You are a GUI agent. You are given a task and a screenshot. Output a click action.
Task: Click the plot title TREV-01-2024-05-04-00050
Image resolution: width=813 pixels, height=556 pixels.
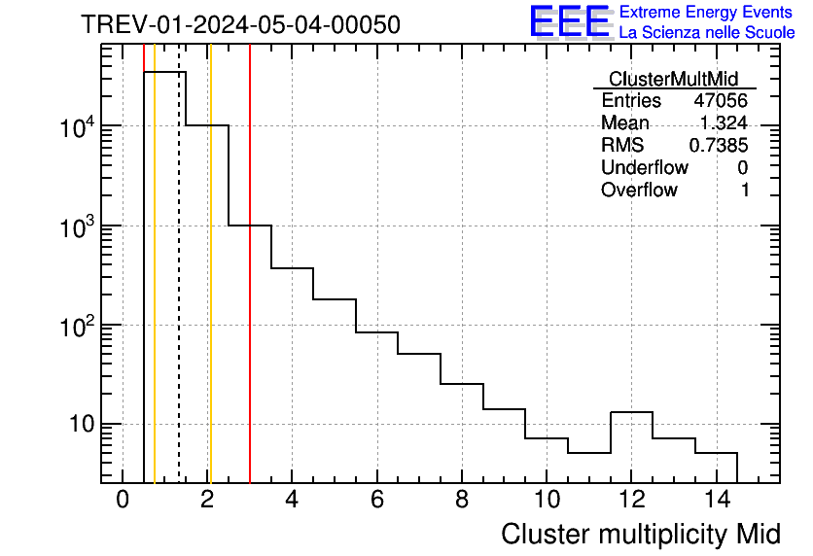tap(240, 25)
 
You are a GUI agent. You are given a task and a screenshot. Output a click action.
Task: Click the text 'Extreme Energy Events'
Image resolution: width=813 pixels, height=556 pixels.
tap(706, 13)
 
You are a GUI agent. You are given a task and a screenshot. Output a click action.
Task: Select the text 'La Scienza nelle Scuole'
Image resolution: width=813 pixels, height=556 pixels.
tap(706, 33)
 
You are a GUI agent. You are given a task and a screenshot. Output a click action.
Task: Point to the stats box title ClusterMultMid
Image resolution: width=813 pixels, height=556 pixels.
tap(673, 79)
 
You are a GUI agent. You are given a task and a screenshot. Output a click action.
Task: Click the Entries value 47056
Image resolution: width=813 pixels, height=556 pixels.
tap(721, 101)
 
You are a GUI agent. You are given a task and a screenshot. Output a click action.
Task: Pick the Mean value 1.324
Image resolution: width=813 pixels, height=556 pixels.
tap(724, 123)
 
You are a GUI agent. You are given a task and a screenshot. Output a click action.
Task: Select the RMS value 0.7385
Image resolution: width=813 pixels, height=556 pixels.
tap(719, 146)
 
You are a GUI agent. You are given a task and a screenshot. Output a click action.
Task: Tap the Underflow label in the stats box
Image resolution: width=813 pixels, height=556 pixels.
tap(645, 168)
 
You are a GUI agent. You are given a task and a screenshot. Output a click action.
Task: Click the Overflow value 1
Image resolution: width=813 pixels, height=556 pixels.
tap(745, 191)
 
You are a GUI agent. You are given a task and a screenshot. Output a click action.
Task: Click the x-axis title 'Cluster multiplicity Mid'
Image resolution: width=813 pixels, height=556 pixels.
tap(640, 534)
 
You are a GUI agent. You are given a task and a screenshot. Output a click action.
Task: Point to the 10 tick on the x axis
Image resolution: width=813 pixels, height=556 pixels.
tap(547, 500)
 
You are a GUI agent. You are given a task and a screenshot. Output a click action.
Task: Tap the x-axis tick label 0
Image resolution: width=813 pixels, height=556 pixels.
tap(123, 500)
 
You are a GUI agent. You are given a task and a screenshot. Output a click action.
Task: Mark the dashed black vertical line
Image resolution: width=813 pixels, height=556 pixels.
tap(179, 292)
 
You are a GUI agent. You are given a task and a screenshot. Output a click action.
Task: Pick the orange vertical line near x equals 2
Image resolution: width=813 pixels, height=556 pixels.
tap(210, 292)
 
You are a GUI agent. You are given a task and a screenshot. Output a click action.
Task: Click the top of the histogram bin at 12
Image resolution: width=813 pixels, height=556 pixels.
tap(631, 412)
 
